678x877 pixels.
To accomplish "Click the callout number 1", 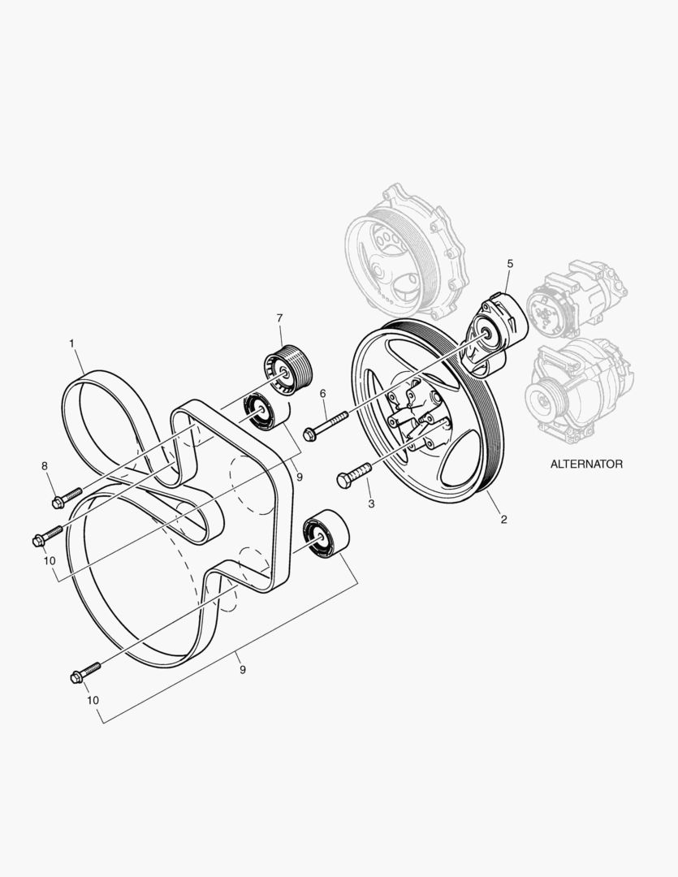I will pos(71,343).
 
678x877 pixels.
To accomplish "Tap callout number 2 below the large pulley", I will pos(503,519).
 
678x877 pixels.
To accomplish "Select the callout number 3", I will pos(371,503).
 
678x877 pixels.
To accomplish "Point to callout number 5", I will pos(510,263).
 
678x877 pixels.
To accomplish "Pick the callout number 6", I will pos(322,393).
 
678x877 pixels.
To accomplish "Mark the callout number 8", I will pos(45,465).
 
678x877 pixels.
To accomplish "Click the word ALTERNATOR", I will pos(585,464).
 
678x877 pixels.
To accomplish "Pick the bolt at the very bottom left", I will pos(85,672).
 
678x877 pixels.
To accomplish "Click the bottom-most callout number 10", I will pos(93,700).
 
